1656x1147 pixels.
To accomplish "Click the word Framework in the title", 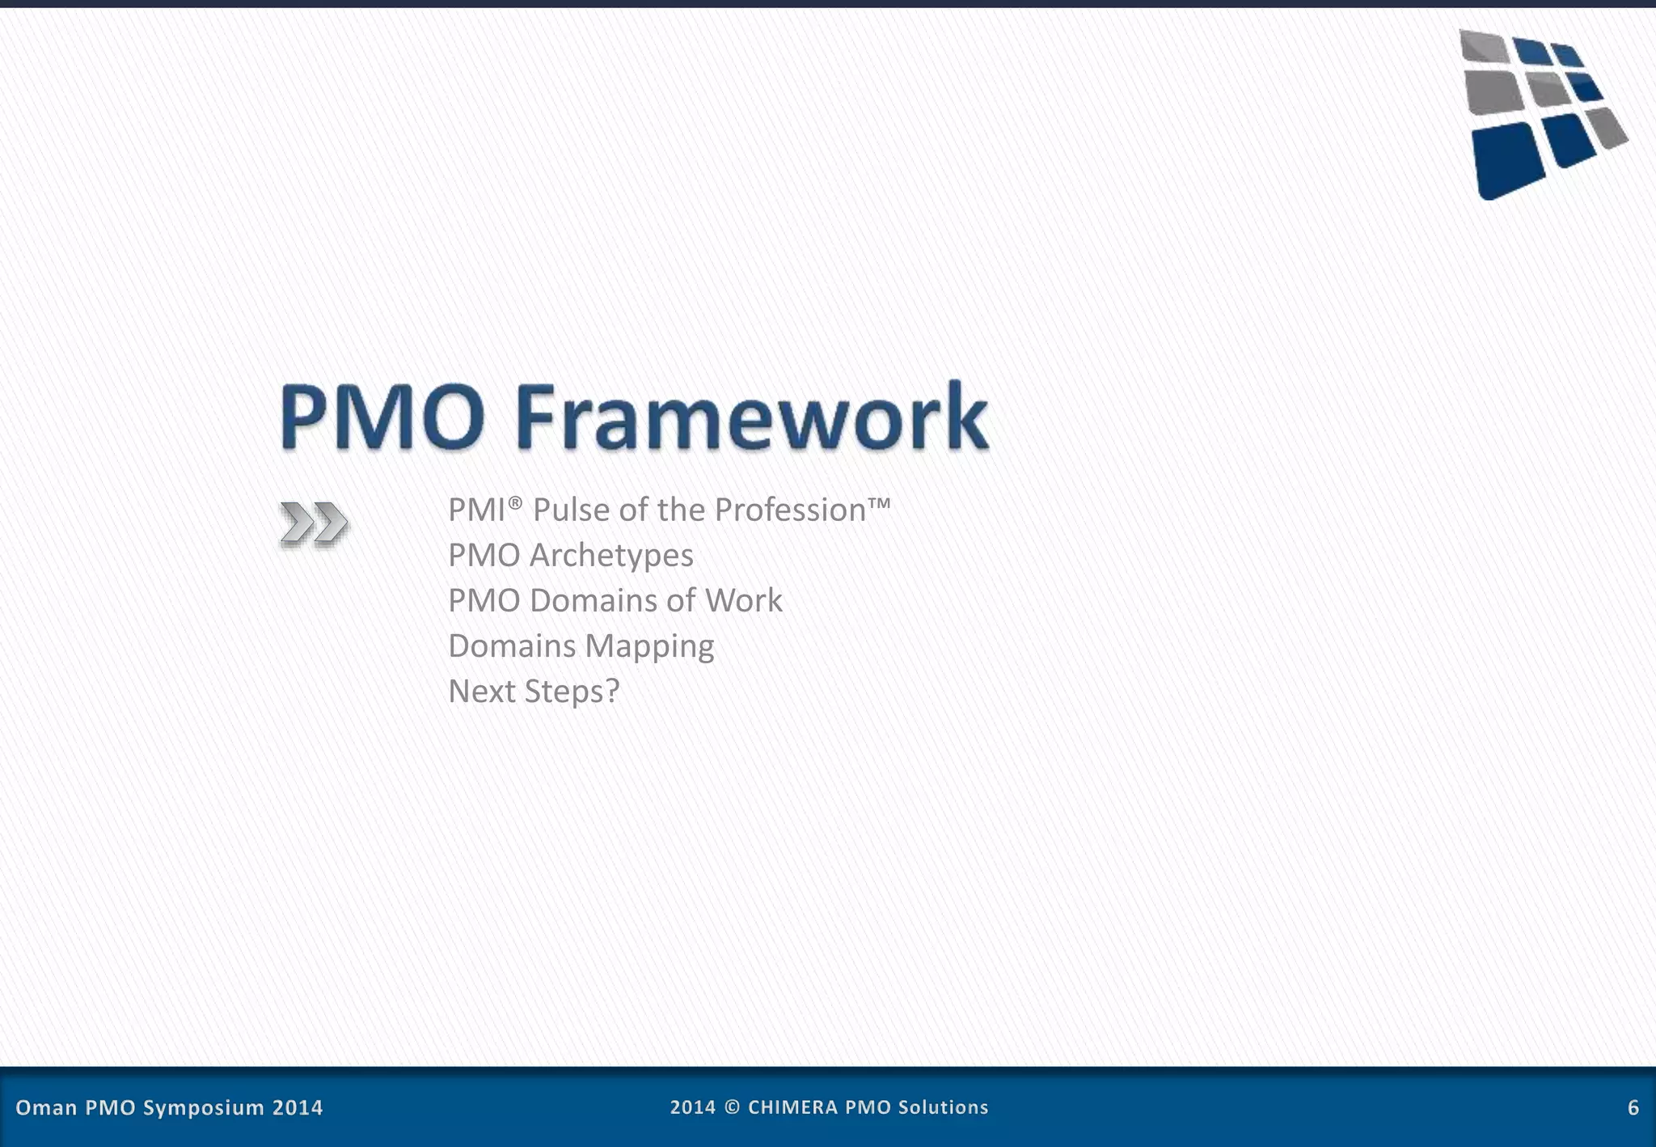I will point(750,417).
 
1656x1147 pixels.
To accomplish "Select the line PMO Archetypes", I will point(570,555).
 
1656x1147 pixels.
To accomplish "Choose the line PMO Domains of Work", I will point(615,600).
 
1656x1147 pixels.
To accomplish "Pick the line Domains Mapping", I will point(581,645).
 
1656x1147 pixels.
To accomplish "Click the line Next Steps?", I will point(533,691).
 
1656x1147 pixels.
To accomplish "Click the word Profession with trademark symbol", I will point(801,510).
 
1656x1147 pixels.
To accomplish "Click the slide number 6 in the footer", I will point(1633,1107).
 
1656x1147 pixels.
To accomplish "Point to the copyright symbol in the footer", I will point(732,1107).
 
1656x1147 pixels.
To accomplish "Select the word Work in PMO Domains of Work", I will point(743,600).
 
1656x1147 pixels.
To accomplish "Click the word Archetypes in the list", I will point(611,556).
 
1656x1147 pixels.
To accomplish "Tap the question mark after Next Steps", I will point(612,691).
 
